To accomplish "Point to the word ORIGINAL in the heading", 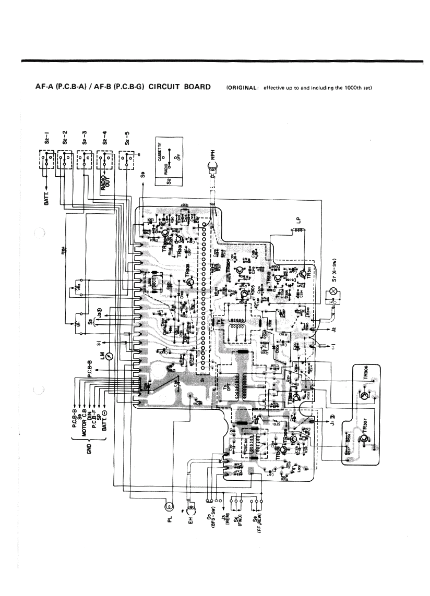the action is coord(242,87).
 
